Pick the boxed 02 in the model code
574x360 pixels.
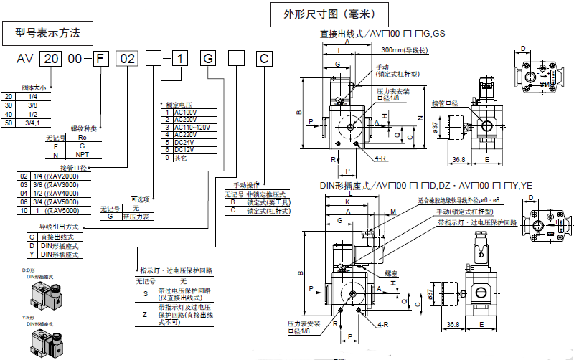(x=127, y=60)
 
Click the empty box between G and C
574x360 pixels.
(x=236, y=60)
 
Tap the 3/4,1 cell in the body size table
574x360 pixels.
(x=32, y=123)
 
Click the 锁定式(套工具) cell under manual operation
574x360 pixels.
(x=266, y=202)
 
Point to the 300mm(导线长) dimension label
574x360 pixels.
(x=405, y=50)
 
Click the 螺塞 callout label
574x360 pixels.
(x=391, y=273)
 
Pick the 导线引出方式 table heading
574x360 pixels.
(x=62, y=227)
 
